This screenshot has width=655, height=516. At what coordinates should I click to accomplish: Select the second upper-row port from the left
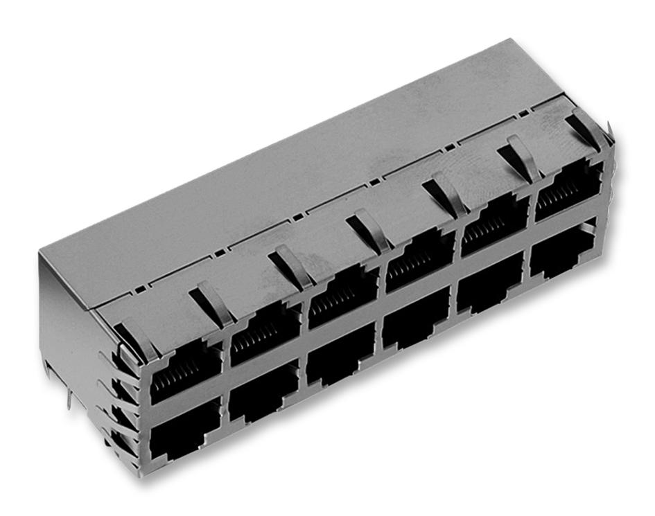click(x=264, y=338)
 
